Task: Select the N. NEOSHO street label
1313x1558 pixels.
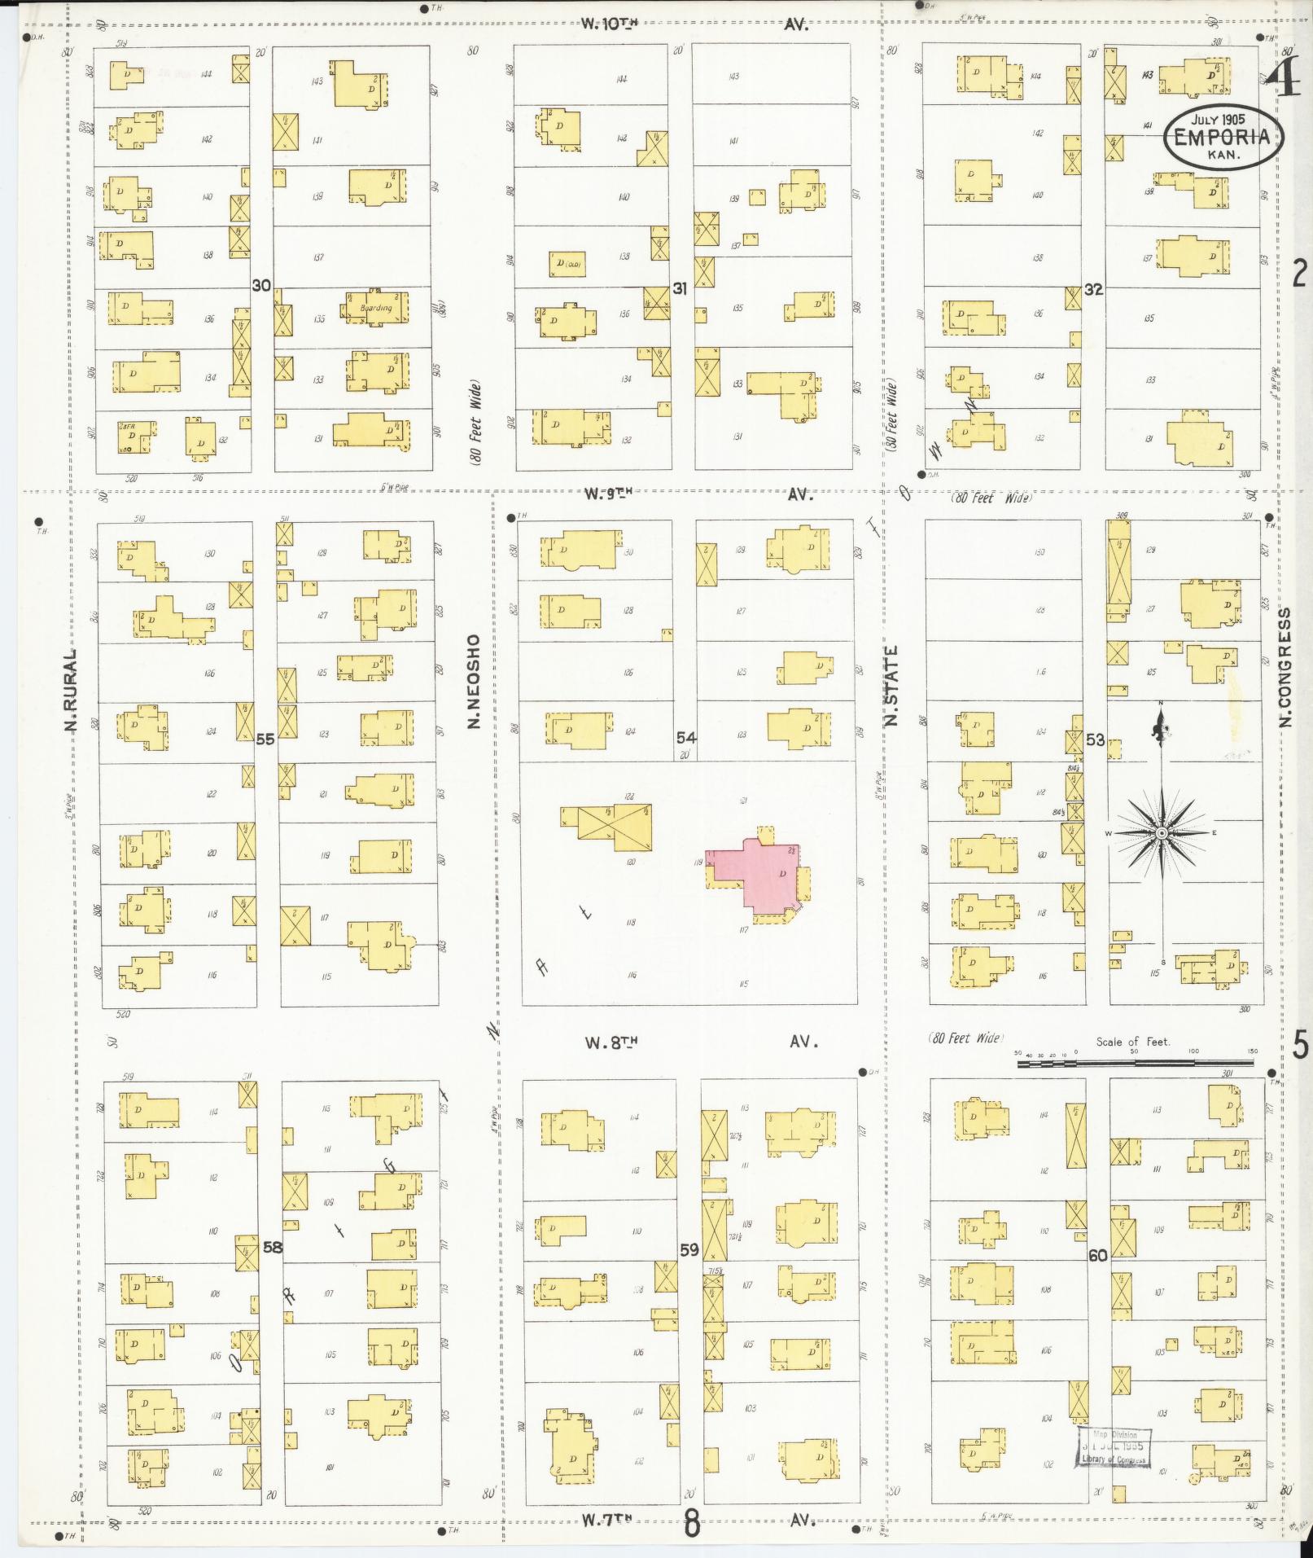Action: coord(474,682)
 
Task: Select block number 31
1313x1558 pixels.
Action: coord(681,288)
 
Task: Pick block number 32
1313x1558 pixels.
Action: coord(1093,288)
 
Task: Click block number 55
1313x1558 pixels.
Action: coord(265,740)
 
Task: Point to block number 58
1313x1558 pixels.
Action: coord(272,1246)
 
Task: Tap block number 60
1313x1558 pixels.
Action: coord(1098,1255)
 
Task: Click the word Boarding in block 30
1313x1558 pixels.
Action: coord(376,309)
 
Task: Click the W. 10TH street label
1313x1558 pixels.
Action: coord(609,24)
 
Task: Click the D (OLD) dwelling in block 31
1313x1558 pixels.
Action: coord(568,264)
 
